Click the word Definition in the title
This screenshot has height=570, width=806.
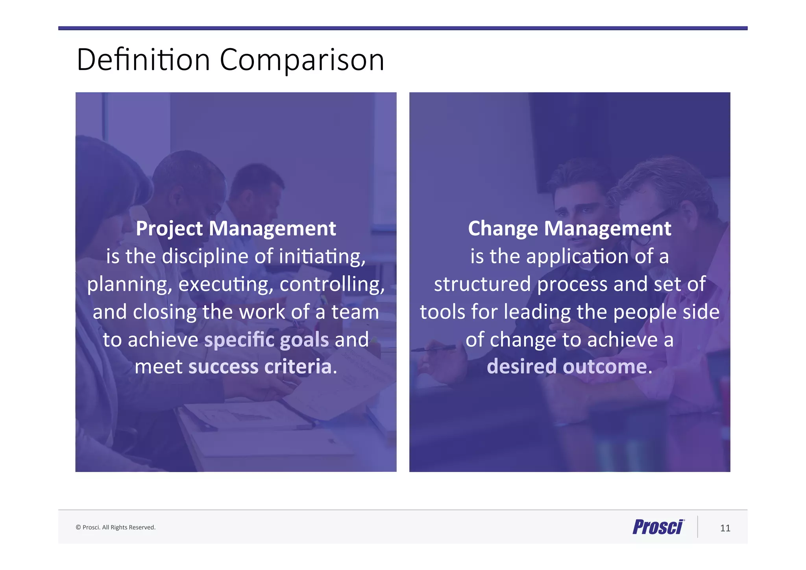click(x=143, y=60)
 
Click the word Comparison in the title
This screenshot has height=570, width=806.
click(x=301, y=60)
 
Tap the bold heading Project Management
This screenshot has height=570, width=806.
click(x=236, y=228)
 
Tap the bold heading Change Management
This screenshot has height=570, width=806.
click(x=569, y=228)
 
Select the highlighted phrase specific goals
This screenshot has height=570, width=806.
click(x=266, y=340)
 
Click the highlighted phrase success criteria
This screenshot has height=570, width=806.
click(x=260, y=367)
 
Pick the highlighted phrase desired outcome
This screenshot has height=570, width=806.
click(x=567, y=367)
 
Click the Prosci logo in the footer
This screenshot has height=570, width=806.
click(x=658, y=527)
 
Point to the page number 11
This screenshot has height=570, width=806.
click(x=725, y=528)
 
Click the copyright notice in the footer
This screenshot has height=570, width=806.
click(x=116, y=527)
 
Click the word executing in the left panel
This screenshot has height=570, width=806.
click(x=226, y=284)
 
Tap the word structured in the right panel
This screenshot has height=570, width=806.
click(x=482, y=284)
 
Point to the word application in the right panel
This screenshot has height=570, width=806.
click(x=577, y=256)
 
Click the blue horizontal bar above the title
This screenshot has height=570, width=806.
click(x=403, y=28)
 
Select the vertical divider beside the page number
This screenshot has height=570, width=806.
click(x=698, y=527)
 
